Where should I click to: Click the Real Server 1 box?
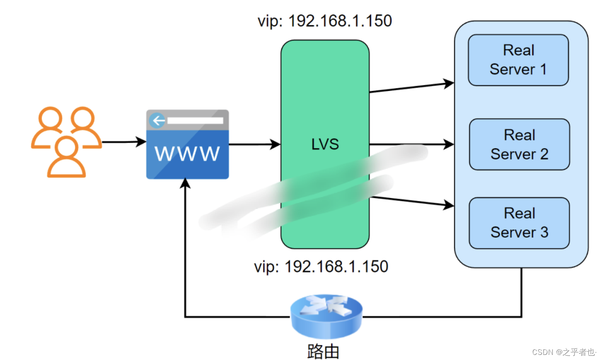(x=518, y=60)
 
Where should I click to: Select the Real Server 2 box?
(x=519, y=144)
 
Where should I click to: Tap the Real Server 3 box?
(x=519, y=223)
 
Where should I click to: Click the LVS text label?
(x=325, y=144)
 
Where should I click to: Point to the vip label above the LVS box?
(x=325, y=21)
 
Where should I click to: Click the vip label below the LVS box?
(x=321, y=267)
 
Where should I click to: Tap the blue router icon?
(x=326, y=316)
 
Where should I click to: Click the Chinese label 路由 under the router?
(x=323, y=351)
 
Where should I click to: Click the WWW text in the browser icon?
(x=187, y=154)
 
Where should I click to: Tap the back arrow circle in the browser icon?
(x=158, y=121)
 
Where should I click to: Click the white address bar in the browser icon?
(x=195, y=121)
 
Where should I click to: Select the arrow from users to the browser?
(x=124, y=142)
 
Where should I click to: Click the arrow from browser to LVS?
(x=254, y=144)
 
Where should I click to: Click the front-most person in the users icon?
(x=67, y=158)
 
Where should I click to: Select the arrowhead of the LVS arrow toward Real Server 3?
(x=449, y=205)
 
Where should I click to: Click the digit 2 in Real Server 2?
(x=544, y=154)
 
